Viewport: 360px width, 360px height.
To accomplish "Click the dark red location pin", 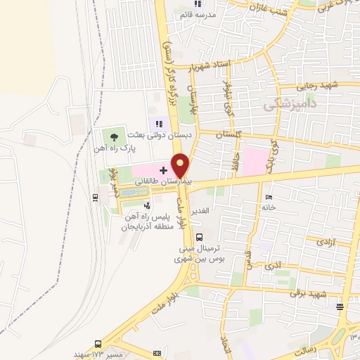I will click(x=181, y=165).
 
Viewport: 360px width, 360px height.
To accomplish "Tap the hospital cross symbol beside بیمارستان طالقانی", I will click(x=163, y=170).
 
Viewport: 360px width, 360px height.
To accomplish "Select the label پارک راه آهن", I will click(x=117, y=148).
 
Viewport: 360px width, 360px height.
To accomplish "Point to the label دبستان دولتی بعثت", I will click(x=160, y=134).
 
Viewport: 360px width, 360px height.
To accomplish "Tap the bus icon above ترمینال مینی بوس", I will click(x=200, y=237).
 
